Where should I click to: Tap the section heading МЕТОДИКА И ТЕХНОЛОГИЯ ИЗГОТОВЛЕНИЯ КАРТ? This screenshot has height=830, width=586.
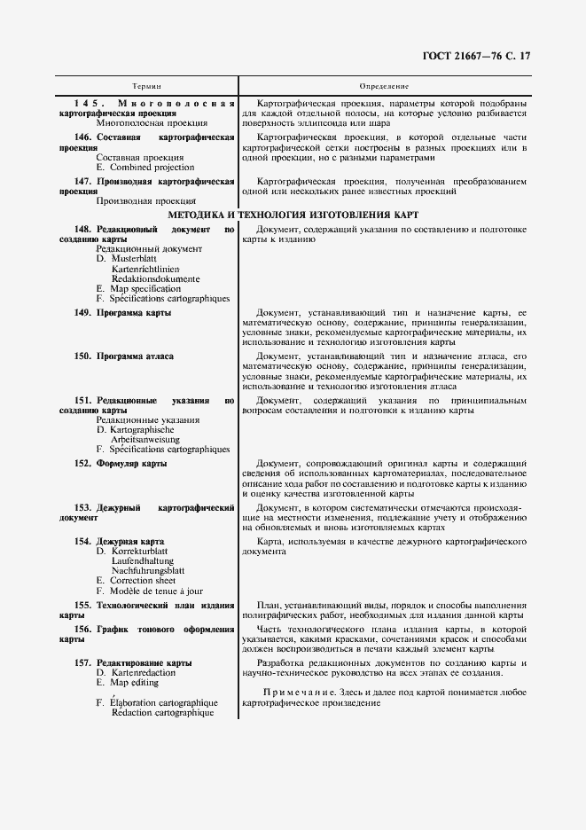(x=293, y=215)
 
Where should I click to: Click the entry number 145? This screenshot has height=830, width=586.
(x=89, y=104)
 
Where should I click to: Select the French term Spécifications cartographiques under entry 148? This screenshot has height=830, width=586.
(x=168, y=299)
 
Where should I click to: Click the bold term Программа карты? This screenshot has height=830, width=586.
(x=134, y=313)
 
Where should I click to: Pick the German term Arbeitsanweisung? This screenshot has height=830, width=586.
(x=145, y=439)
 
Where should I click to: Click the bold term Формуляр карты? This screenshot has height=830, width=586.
(x=132, y=463)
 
